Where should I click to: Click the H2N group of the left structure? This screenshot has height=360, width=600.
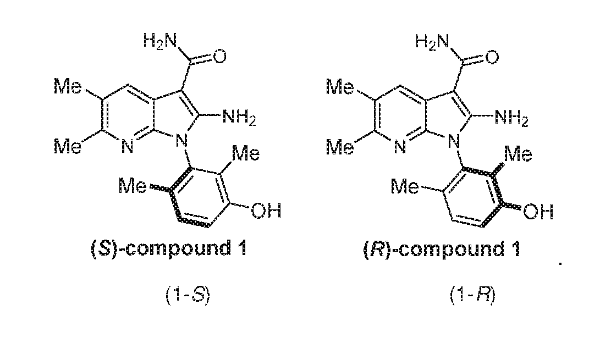click(160, 41)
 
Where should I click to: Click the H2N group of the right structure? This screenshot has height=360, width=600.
click(432, 42)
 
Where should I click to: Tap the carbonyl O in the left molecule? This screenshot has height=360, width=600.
click(219, 57)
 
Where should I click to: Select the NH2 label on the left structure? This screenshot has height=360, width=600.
click(239, 117)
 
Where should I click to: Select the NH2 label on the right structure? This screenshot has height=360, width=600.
click(511, 118)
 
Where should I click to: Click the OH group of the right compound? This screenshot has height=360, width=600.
click(538, 211)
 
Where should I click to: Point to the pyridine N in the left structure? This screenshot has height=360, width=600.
click(128, 146)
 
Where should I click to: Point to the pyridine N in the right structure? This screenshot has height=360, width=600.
click(400, 147)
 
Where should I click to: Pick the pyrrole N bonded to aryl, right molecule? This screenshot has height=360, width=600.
click(455, 142)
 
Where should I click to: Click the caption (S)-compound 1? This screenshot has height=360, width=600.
click(169, 248)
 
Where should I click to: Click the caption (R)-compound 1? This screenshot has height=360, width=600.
click(442, 250)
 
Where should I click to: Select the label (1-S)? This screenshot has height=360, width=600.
click(188, 296)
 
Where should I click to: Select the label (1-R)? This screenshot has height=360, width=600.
click(472, 296)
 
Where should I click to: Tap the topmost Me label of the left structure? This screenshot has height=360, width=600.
click(68, 86)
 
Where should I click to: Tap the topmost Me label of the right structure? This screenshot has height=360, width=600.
click(340, 87)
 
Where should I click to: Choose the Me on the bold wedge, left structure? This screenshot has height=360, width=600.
click(133, 186)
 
